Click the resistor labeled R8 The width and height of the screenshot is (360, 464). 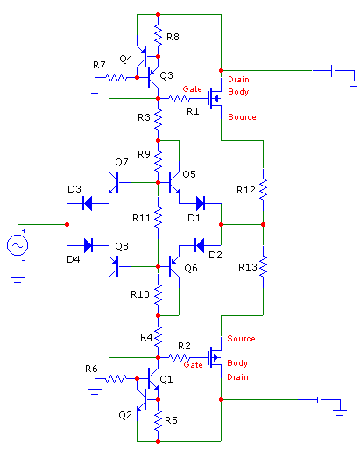(x=158, y=36)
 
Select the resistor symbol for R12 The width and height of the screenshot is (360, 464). (x=263, y=189)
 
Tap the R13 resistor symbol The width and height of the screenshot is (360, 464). (x=263, y=267)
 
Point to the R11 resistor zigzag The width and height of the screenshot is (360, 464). (x=158, y=217)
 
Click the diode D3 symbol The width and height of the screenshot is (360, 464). (x=88, y=203)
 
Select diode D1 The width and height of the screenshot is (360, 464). (x=201, y=203)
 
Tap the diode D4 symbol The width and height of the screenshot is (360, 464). (x=88, y=245)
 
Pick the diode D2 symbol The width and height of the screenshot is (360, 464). (x=199, y=245)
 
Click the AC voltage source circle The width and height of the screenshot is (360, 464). (x=18, y=245)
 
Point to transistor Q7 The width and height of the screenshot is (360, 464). (x=116, y=182)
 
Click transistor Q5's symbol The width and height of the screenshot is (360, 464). (x=173, y=182)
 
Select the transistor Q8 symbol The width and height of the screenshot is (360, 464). (x=116, y=266)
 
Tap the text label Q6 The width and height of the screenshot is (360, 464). (x=191, y=268)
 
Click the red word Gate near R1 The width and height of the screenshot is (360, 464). (x=192, y=88)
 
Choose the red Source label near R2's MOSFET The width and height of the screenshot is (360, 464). (x=241, y=339)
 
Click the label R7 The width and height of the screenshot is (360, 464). (x=99, y=65)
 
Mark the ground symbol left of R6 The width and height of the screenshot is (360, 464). (x=95, y=389)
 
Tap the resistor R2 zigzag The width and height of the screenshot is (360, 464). (x=179, y=358)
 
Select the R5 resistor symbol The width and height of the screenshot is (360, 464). (x=158, y=420)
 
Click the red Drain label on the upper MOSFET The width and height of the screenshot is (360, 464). (x=238, y=80)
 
